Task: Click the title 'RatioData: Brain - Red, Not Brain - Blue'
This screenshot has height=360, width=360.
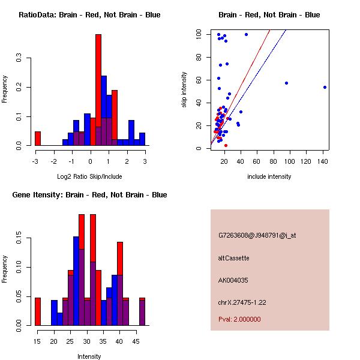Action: coord(89,15)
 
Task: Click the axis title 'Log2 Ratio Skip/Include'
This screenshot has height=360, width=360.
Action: coord(89,176)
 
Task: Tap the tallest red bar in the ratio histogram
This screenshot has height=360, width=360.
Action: coord(98,90)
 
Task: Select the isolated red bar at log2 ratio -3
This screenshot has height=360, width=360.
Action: coord(37,138)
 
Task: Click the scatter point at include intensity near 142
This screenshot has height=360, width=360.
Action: coord(325,87)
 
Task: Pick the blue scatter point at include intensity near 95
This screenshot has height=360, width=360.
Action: coord(286,83)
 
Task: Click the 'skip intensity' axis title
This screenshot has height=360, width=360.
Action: coord(184,89)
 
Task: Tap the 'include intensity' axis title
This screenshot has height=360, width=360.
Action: coord(269,176)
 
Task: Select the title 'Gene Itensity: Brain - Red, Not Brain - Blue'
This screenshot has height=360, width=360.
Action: coord(89,195)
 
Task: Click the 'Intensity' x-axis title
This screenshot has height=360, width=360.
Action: coord(89,356)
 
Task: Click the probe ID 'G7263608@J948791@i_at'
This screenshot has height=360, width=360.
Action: coord(257,235)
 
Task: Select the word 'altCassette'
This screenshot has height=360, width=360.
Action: coord(233,258)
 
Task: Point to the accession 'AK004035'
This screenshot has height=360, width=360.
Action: coord(233,280)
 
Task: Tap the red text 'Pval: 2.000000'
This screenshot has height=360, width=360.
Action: coord(239,319)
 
